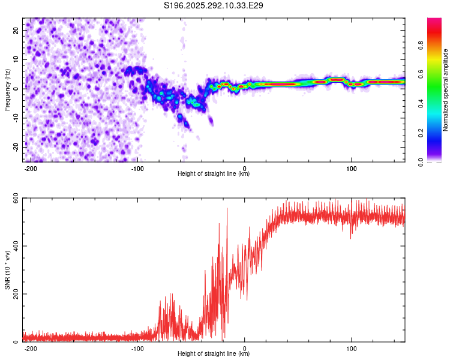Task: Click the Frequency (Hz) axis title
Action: pyautogui.click(x=8, y=89)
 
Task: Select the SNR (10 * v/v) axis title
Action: pyautogui.click(x=8, y=270)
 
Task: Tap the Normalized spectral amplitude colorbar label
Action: pyautogui.click(x=446, y=90)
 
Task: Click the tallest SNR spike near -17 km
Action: pyautogui.click(x=227, y=209)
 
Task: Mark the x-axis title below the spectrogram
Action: pyautogui.click(x=214, y=174)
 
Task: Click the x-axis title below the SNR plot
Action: pyautogui.click(x=214, y=354)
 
